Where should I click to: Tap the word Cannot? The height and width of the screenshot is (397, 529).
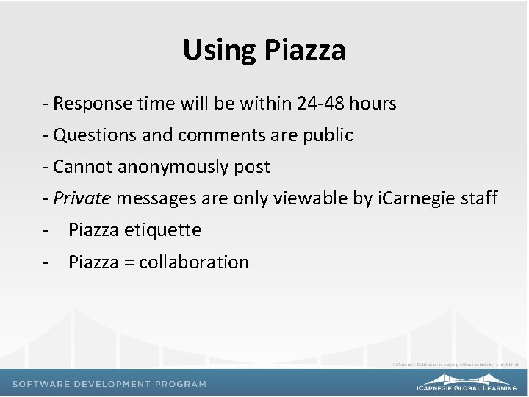click(x=79, y=167)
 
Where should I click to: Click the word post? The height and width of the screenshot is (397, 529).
click(x=253, y=168)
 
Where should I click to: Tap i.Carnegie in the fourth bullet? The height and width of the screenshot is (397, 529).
click(x=413, y=198)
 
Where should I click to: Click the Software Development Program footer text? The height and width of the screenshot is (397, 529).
click(x=109, y=384)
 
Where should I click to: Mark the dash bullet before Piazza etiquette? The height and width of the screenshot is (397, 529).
click(x=46, y=231)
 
